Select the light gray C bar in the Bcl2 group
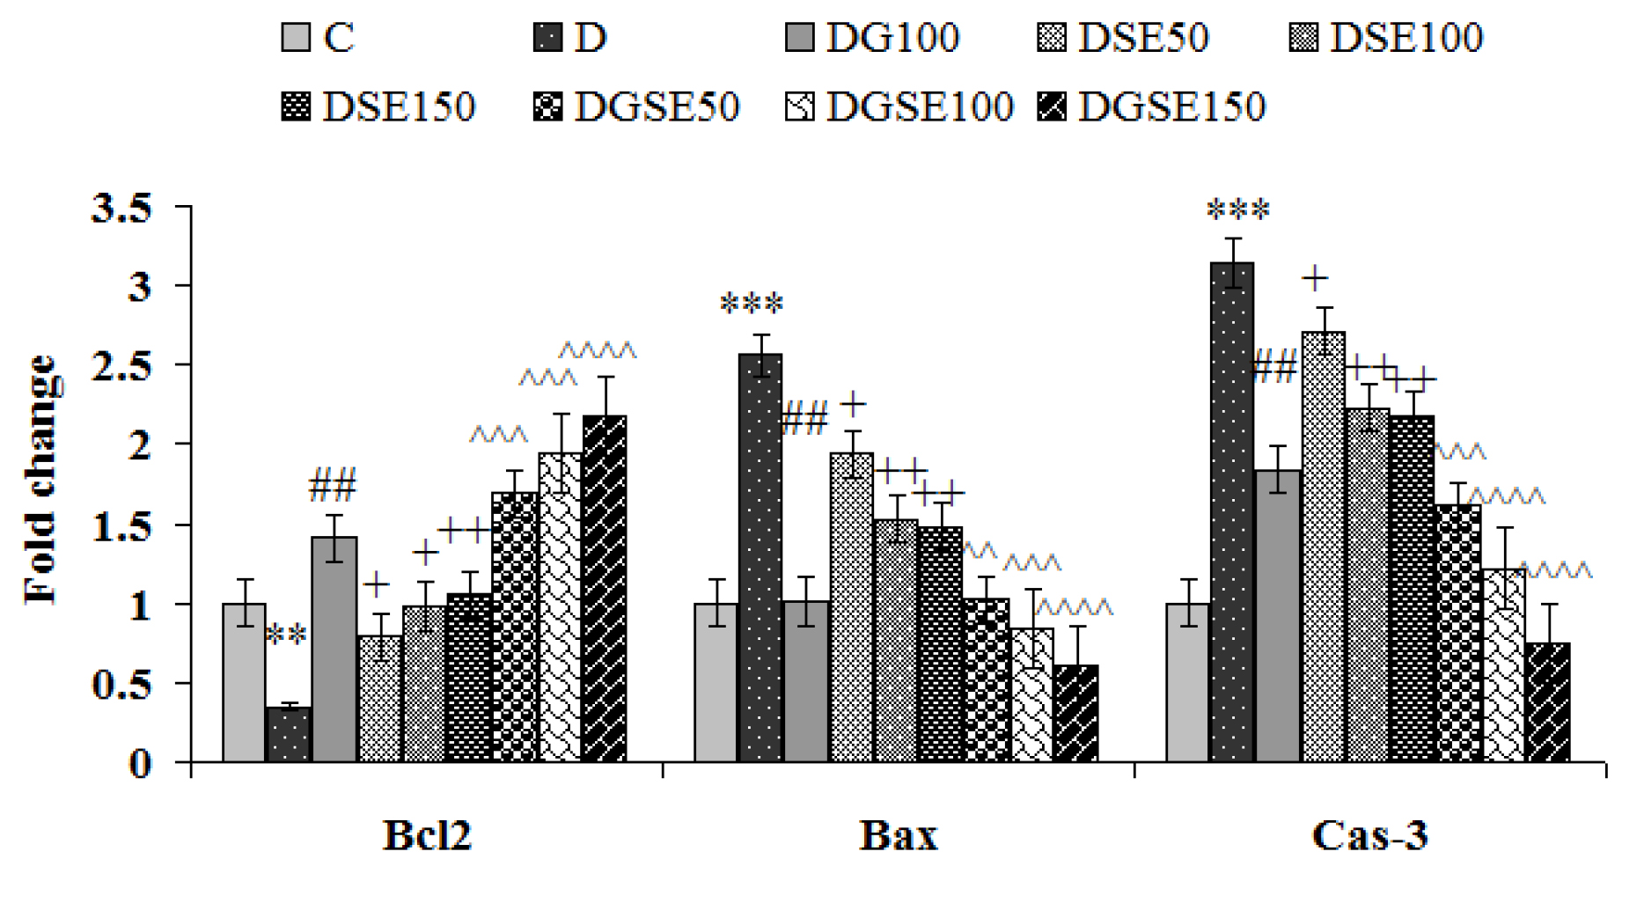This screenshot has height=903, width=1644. [x=244, y=682]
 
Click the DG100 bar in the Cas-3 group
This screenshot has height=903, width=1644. [x=1277, y=615]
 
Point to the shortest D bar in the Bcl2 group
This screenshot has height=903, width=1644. [x=289, y=734]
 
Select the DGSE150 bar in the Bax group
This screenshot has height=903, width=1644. [x=1075, y=713]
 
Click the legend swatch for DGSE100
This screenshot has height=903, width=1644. [x=800, y=107]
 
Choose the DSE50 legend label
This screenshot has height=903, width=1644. [x=1143, y=38]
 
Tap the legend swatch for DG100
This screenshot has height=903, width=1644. [x=800, y=38]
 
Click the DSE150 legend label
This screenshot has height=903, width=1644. [x=399, y=107]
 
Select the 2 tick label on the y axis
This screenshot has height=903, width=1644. [x=140, y=445]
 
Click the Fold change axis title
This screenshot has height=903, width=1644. [x=41, y=480]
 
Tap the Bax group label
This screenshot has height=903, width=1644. [x=898, y=835]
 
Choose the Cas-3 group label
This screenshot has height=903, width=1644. [x=1369, y=835]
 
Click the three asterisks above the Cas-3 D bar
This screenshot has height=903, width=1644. [x=1238, y=211]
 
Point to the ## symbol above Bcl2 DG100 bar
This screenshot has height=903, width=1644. [x=333, y=486]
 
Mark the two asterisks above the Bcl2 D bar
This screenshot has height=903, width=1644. [x=286, y=635]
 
